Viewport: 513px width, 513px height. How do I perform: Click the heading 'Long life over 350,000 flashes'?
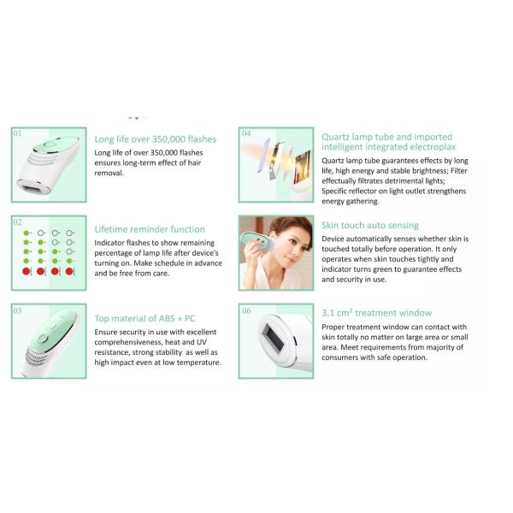[x=156, y=139]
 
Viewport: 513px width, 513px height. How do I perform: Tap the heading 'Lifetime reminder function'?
[x=150, y=229]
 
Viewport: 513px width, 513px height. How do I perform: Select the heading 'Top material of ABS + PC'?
[x=144, y=318]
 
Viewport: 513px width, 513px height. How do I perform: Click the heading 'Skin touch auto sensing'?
[x=370, y=226]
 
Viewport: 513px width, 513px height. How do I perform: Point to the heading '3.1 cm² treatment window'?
[x=376, y=313]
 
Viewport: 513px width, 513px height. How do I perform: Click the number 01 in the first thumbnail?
[x=17, y=133]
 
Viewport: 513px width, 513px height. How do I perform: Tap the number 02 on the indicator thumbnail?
[x=18, y=222]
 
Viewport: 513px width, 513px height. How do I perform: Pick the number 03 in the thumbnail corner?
[x=18, y=310]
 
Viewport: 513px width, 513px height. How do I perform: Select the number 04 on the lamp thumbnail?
[x=246, y=133]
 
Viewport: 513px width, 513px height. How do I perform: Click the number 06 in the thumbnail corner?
[x=246, y=310]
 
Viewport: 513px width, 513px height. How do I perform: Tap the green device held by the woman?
[x=256, y=243]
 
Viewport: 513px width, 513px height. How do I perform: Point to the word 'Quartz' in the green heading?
[x=335, y=138]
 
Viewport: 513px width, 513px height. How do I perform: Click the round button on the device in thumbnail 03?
[x=43, y=339]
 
